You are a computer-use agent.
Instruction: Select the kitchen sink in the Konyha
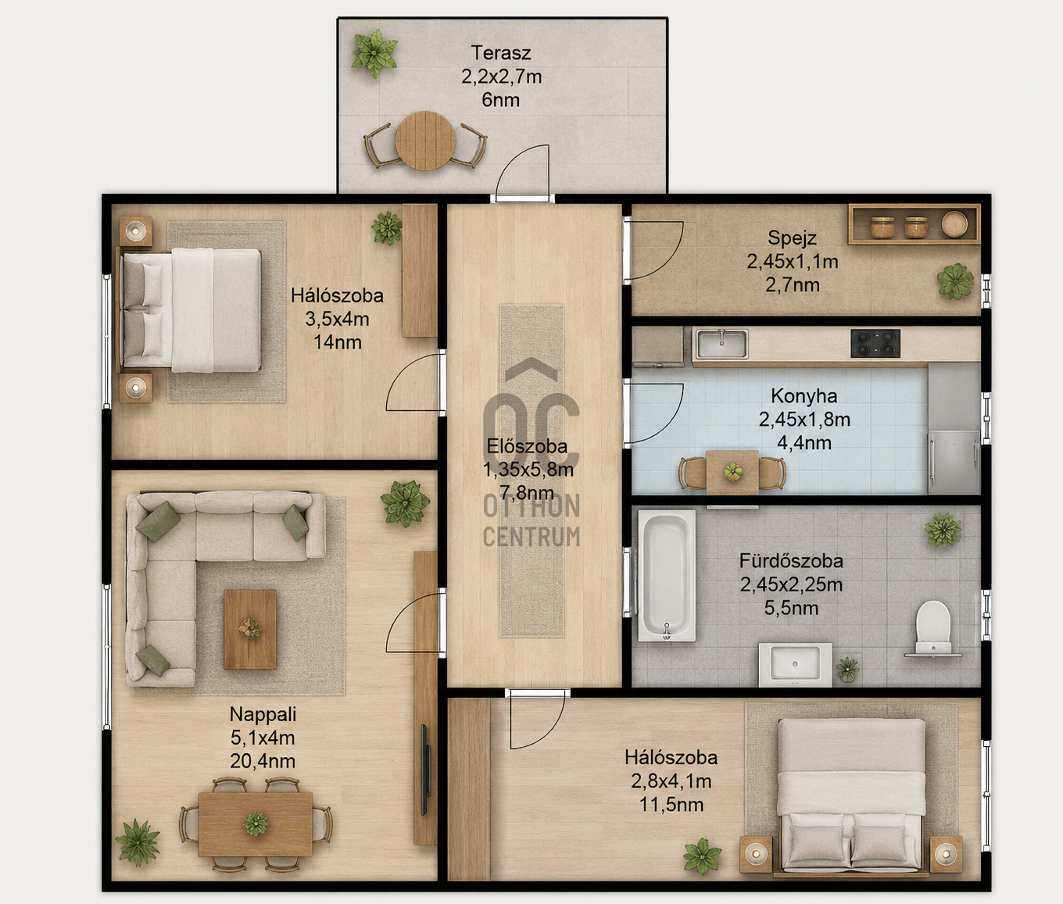pyautogui.click(x=721, y=344)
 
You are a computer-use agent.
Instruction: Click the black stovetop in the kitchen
pyautogui.click(x=875, y=343)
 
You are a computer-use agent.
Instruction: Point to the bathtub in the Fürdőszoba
pyautogui.click(x=667, y=576)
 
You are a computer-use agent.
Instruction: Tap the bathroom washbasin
pyautogui.click(x=795, y=664)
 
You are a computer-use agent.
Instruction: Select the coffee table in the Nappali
pyautogui.click(x=250, y=629)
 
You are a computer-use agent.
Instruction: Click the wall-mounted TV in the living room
pyautogui.click(x=425, y=770)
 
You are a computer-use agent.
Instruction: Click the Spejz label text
pyautogui.click(x=792, y=238)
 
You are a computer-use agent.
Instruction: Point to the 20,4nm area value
pyautogui.click(x=263, y=761)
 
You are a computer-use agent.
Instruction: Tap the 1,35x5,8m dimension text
pyautogui.click(x=528, y=469)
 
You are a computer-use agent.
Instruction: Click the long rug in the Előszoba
pyautogui.click(x=531, y=471)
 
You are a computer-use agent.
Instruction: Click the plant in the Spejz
pyautogui.click(x=955, y=280)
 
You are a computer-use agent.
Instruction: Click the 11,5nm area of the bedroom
pyautogui.click(x=671, y=804)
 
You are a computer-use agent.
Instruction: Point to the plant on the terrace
pyautogui.click(x=374, y=53)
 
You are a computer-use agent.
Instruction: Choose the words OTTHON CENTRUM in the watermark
pyautogui.click(x=531, y=520)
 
